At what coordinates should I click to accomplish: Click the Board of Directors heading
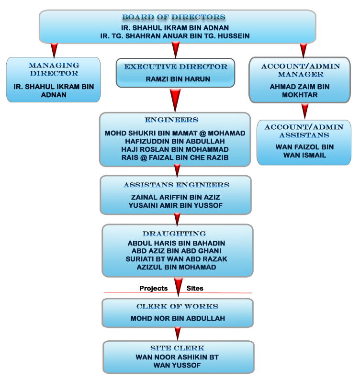point(173,17)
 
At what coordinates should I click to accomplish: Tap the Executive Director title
point(176,67)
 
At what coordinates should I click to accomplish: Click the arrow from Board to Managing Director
point(54,49)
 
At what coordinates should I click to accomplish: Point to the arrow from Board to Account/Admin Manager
point(303,49)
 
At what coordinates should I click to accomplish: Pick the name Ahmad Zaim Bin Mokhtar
point(300,91)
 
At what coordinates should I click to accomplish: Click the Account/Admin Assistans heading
point(304,131)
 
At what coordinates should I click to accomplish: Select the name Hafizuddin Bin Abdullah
point(175,141)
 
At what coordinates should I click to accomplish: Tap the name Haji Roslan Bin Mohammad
point(175,149)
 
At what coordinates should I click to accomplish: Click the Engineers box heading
point(171,120)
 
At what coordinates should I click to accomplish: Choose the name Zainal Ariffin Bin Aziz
point(175,197)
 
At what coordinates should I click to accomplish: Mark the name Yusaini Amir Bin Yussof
point(175,205)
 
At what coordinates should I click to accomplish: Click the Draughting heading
point(174,234)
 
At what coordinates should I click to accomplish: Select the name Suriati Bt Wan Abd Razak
point(176,259)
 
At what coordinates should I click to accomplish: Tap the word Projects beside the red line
point(153,289)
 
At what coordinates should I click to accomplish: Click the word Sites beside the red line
point(195,289)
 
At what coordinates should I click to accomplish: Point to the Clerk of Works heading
point(177,307)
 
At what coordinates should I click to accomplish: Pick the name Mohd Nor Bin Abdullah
point(178,318)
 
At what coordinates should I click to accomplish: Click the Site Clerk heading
point(177,348)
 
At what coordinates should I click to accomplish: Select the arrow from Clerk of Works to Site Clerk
point(178,332)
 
